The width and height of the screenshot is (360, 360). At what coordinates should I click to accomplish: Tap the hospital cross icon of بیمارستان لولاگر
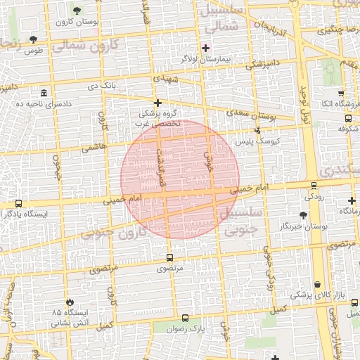[205, 48]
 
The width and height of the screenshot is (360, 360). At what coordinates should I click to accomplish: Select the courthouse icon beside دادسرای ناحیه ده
[44, 94]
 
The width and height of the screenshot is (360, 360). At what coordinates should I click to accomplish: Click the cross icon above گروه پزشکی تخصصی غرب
[158, 103]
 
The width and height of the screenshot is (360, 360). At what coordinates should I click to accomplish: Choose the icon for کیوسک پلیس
[258, 130]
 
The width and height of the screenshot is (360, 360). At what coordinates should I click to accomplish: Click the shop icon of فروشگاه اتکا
[341, 94]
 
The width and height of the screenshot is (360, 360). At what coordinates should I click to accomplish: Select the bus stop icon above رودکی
[314, 186]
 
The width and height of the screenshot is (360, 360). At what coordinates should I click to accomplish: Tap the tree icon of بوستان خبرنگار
[303, 215]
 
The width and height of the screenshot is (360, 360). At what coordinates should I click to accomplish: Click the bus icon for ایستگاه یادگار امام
[18, 203]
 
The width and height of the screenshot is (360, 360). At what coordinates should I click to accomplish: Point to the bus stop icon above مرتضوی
[169, 257]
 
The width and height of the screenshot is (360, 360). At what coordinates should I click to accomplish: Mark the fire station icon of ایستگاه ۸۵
[69, 301]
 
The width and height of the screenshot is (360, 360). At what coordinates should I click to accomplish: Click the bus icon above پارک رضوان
[185, 318]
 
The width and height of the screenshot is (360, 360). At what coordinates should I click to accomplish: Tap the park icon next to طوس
[33, 39]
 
